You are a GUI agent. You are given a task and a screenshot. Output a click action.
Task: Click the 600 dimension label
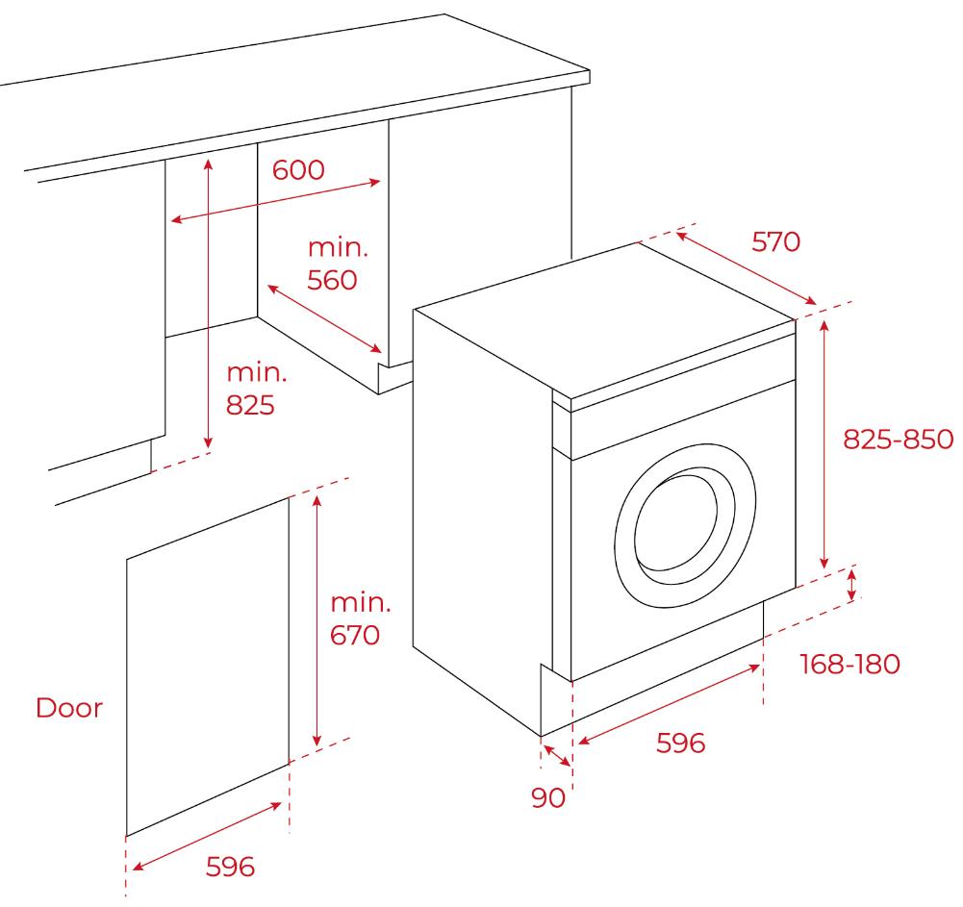pos(298,170)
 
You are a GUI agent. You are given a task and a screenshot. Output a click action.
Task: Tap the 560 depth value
pos(332,280)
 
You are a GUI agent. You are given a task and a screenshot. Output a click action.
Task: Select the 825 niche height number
pos(250,405)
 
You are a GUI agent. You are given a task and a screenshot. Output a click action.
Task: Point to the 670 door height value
pos(356,635)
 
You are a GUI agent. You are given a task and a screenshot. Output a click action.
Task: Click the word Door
pos(68,709)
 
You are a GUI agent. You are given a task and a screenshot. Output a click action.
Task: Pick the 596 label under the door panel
pos(231,867)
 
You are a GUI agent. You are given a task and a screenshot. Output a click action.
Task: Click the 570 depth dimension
pos(775,241)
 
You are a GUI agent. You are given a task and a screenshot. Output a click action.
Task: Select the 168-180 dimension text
pos(849,664)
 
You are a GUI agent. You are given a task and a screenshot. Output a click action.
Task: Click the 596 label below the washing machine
pos(680,743)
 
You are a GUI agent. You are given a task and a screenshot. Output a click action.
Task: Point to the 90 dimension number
pos(548,797)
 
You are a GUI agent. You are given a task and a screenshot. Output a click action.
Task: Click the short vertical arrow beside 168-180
pos(851,587)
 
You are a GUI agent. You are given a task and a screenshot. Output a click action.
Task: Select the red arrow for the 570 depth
pos(747,266)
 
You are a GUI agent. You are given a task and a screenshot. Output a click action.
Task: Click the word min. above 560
pos(338,247)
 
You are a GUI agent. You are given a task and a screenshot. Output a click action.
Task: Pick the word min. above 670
pos(361,603)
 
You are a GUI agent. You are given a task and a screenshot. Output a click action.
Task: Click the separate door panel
pos(207,664)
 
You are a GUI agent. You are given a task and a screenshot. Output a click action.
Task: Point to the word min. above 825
pos(256,372)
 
